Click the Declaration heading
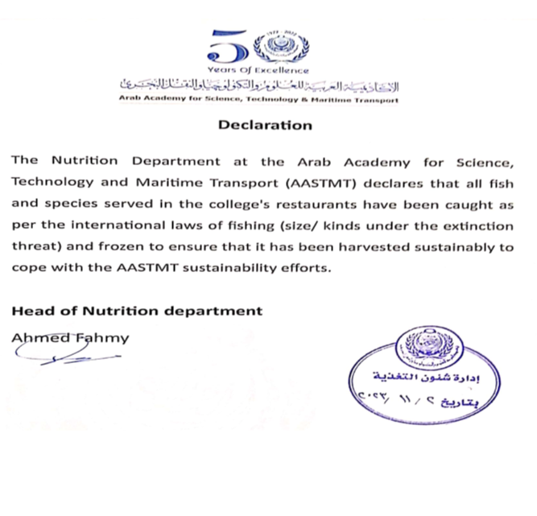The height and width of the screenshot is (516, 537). tap(265, 126)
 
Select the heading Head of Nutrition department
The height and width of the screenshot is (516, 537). tap(137, 310)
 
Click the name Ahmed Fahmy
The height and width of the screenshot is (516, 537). tap(70, 337)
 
